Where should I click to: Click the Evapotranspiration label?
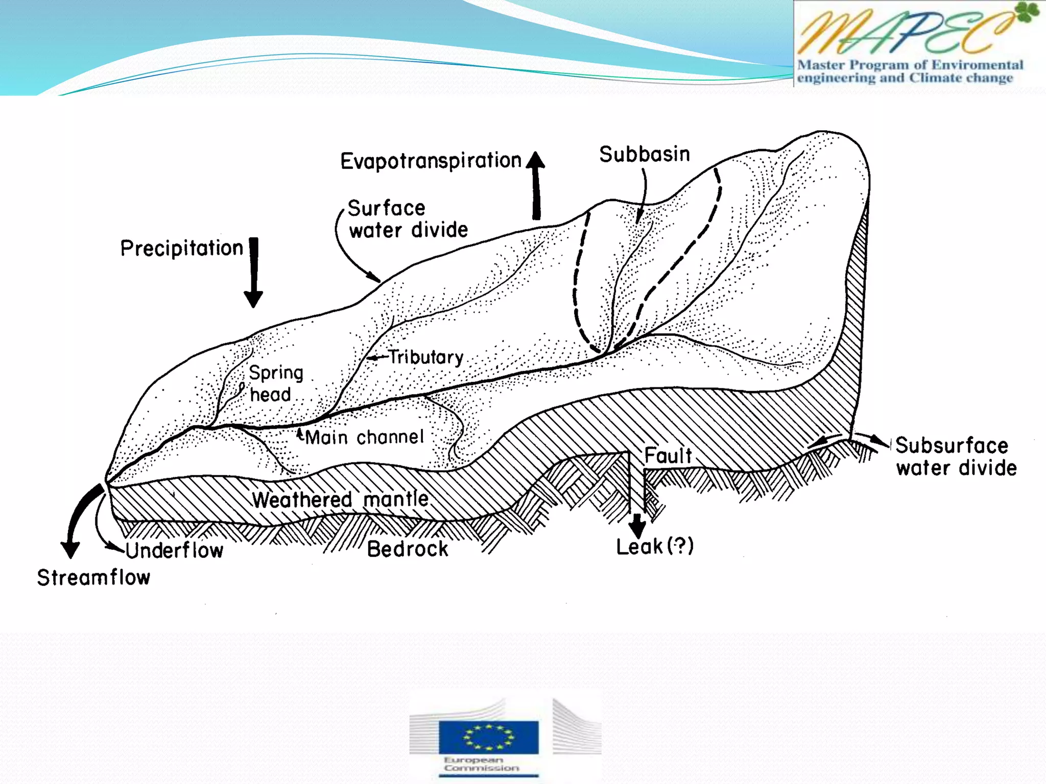tap(431, 161)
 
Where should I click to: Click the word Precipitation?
tap(182, 249)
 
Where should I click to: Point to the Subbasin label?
tap(645, 154)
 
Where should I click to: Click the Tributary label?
tap(425, 357)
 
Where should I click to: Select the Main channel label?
tap(365, 437)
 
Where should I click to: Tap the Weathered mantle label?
tap(340, 499)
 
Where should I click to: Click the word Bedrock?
tap(408, 549)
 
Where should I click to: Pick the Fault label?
tap(668, 455)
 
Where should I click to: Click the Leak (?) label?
tap(655, 547)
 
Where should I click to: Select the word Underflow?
tap(174, 550)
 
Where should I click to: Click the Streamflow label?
tap(93, 578)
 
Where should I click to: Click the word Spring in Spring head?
tap(276, 373)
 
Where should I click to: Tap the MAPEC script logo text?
tap(904, 32)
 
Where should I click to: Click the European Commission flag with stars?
tap(488, 737)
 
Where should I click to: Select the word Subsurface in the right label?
tap(952, 446)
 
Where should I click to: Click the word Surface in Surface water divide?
tap(386, 208)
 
